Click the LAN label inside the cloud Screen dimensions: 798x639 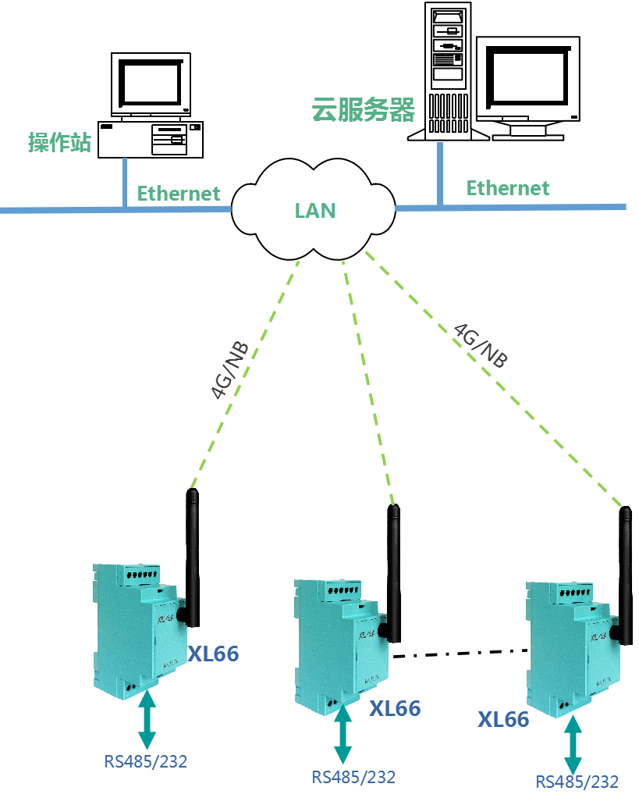coord(315,210)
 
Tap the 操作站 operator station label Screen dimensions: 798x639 coord(59,143)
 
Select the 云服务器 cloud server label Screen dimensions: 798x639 coord(363,110)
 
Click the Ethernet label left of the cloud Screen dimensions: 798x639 coord(179,194)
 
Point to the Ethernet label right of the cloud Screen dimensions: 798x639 coord(508,188)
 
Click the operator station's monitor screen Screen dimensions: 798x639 coord(152,80)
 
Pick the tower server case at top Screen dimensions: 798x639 coord(446,70)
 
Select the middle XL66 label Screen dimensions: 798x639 coord(395,709)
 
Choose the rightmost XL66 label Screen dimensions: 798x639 coord(503,719)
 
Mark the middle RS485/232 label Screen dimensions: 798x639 coord(353,777)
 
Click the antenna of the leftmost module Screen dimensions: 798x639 coord(191,554)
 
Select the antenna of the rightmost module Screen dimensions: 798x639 coord(625,574)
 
